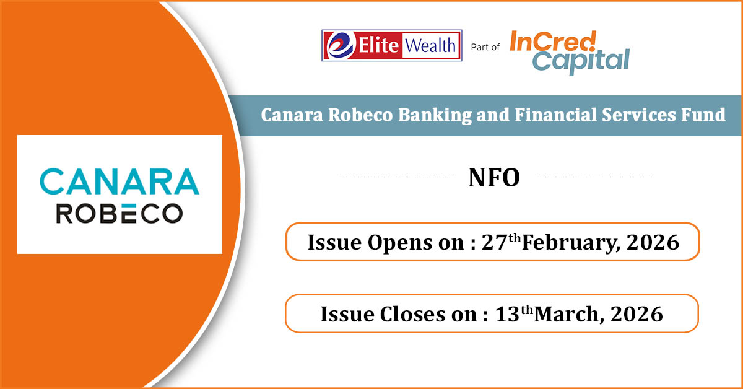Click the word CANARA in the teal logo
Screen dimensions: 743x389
pos(119,181)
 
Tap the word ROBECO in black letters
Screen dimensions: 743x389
pos(119,214)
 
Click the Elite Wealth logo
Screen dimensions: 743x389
pos(392,45)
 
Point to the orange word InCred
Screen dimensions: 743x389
pos(554,41)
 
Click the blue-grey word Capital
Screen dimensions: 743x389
pos(581,62)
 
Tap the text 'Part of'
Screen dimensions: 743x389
pos(485,48)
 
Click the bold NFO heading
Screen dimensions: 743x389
pos(494,178)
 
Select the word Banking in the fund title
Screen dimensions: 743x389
pos(435,115)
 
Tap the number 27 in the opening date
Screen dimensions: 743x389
pos(494,242)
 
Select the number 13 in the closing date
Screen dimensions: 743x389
pos(507,314)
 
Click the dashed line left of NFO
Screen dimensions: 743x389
pos(396,177)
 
